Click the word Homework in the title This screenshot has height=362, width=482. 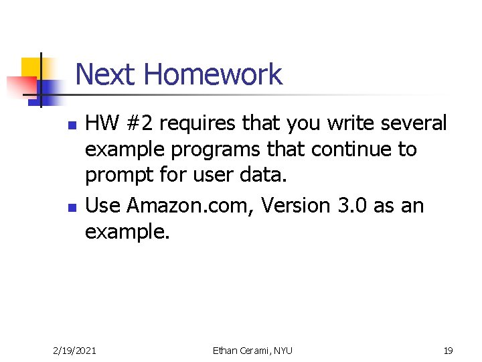tap(213, 74)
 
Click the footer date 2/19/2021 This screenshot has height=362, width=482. tap(74, 350)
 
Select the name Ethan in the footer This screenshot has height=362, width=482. tap(227, 350)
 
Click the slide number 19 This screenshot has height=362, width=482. tap(449, 350)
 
